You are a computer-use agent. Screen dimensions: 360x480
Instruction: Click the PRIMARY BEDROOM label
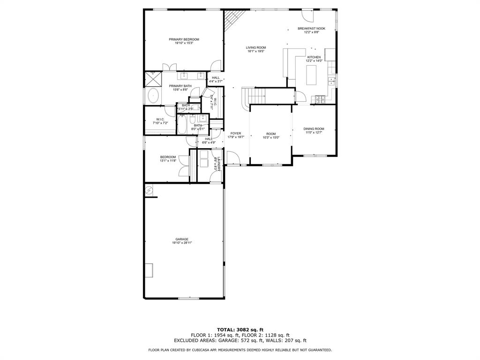click(x=184, y=39)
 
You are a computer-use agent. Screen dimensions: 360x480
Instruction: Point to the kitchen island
click(x=312, y=75)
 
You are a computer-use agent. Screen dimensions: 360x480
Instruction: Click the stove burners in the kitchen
click(x=321, y=99)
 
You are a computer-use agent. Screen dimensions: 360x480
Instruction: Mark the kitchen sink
click(x=332, y=81)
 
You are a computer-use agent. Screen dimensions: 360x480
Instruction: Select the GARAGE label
click(x=182, y=239)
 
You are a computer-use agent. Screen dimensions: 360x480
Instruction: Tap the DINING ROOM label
click(x=314, y=129)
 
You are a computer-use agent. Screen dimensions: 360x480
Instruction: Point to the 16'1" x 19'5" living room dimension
click(x=256, y=52)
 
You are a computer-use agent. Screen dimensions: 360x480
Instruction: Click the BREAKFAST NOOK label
click(x=311, y=29)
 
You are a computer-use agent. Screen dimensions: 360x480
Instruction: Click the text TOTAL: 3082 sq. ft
click(x=240, y=330)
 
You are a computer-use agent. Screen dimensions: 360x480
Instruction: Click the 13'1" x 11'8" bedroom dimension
click(x=168, y=161)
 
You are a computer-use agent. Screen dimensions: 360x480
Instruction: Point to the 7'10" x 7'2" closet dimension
click(x=160, y=123)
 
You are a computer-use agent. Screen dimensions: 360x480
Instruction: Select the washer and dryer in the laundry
click(x=204, y=159)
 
